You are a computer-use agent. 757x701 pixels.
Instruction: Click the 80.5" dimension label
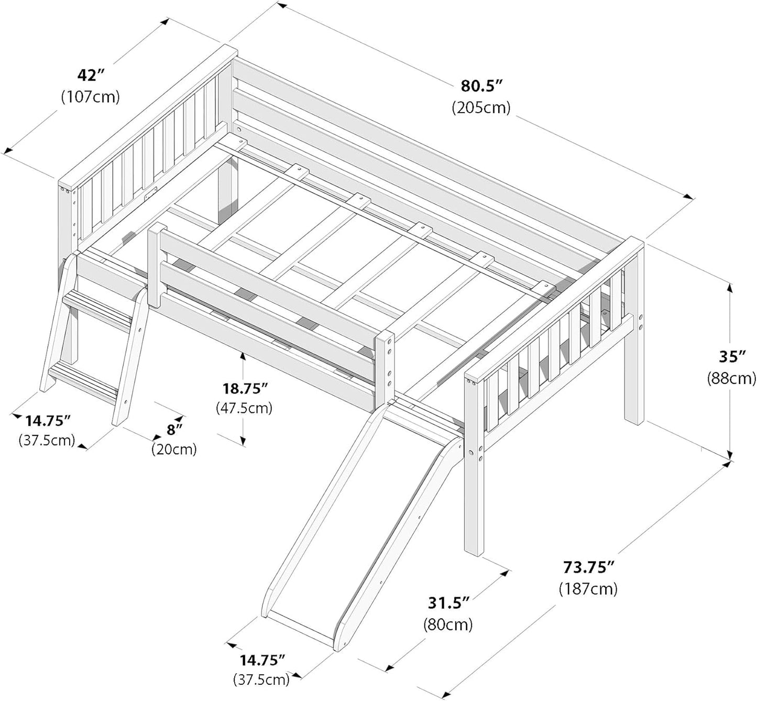[481, 85]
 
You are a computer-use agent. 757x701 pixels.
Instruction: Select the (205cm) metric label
[481, 107]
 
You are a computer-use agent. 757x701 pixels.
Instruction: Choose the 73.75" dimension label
[588, 567]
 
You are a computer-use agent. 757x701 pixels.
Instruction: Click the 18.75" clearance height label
[244, 388]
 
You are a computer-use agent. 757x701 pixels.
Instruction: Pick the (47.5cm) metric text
[244, 408]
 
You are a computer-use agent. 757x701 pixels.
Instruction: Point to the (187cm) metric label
[588, 588]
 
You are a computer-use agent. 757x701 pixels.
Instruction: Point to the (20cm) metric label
[174, 448]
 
